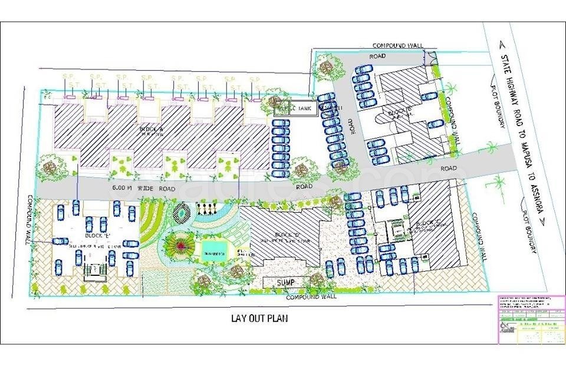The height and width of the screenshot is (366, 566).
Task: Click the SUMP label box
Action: click(x=285, y=283)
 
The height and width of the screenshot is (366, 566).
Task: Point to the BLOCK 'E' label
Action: click(x=99, y=235)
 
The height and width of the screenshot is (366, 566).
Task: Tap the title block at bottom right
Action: click(x=530, y=319)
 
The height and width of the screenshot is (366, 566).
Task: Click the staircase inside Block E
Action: click(x=94, y=270)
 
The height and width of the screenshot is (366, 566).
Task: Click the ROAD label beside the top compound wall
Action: click(x=377, y=56)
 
